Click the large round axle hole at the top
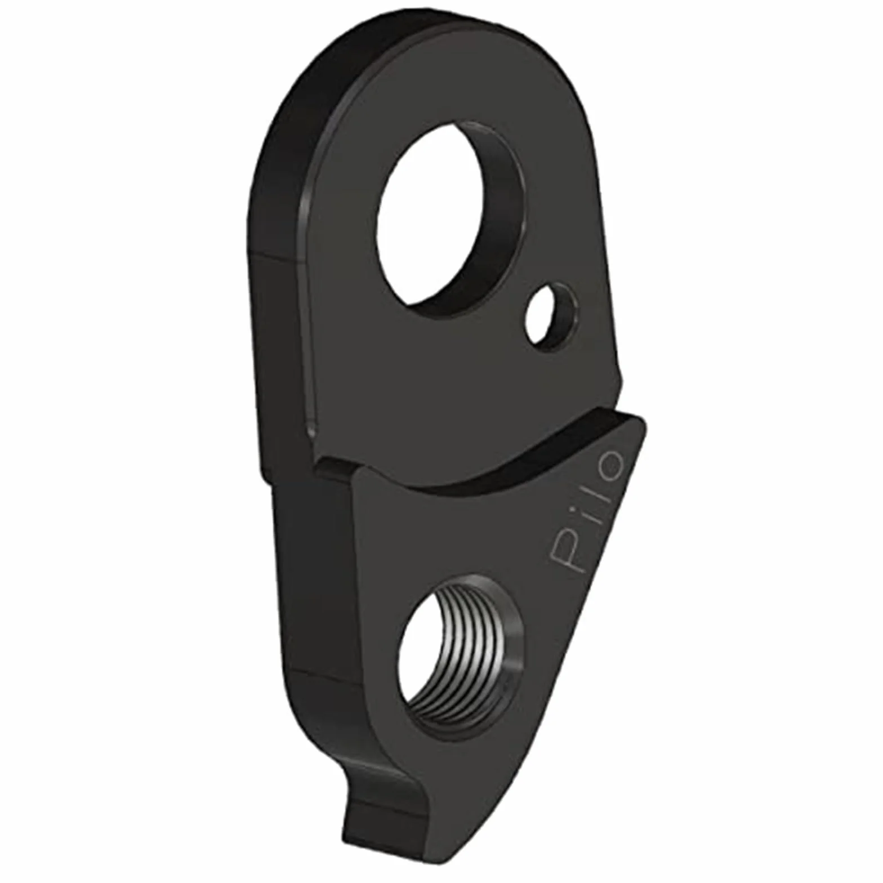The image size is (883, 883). coord(451,220)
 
